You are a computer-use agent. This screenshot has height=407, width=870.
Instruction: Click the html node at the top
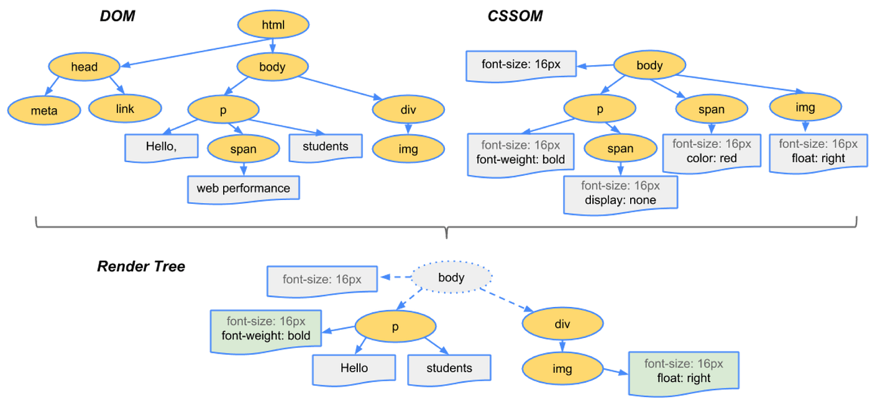(x=273, y=25)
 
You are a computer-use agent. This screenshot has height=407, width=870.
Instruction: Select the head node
(x=84, y=66)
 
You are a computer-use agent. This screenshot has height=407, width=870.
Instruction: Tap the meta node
(x=43, y=111)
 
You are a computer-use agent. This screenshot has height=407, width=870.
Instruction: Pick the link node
(x=125, y=109)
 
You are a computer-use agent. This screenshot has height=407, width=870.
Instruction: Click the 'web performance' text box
(x=243, y=188)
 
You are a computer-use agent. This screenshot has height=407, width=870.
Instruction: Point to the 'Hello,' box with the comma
(x=162, y=147)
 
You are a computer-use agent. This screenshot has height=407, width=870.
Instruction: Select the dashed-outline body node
(x=451, y=277)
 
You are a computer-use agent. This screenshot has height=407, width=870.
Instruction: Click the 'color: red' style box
(x=712, y=152)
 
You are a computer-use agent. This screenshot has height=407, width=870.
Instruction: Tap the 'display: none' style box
(x=620, y=193)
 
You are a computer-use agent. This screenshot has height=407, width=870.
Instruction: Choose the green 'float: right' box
(x=683, y=372)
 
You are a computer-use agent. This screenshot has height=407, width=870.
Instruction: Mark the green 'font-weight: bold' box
(x=266, y=329)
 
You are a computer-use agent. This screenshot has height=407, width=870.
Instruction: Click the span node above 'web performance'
(x=243, y=149)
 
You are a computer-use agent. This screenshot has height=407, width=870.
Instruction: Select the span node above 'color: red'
(x=711, y=109)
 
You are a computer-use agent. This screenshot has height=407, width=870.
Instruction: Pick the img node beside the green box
(x=562, y=368)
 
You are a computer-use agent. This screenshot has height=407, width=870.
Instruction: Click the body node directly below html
(x=272, y=66)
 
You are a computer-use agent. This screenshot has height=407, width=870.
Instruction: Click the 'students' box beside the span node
(x=325, y=147)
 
